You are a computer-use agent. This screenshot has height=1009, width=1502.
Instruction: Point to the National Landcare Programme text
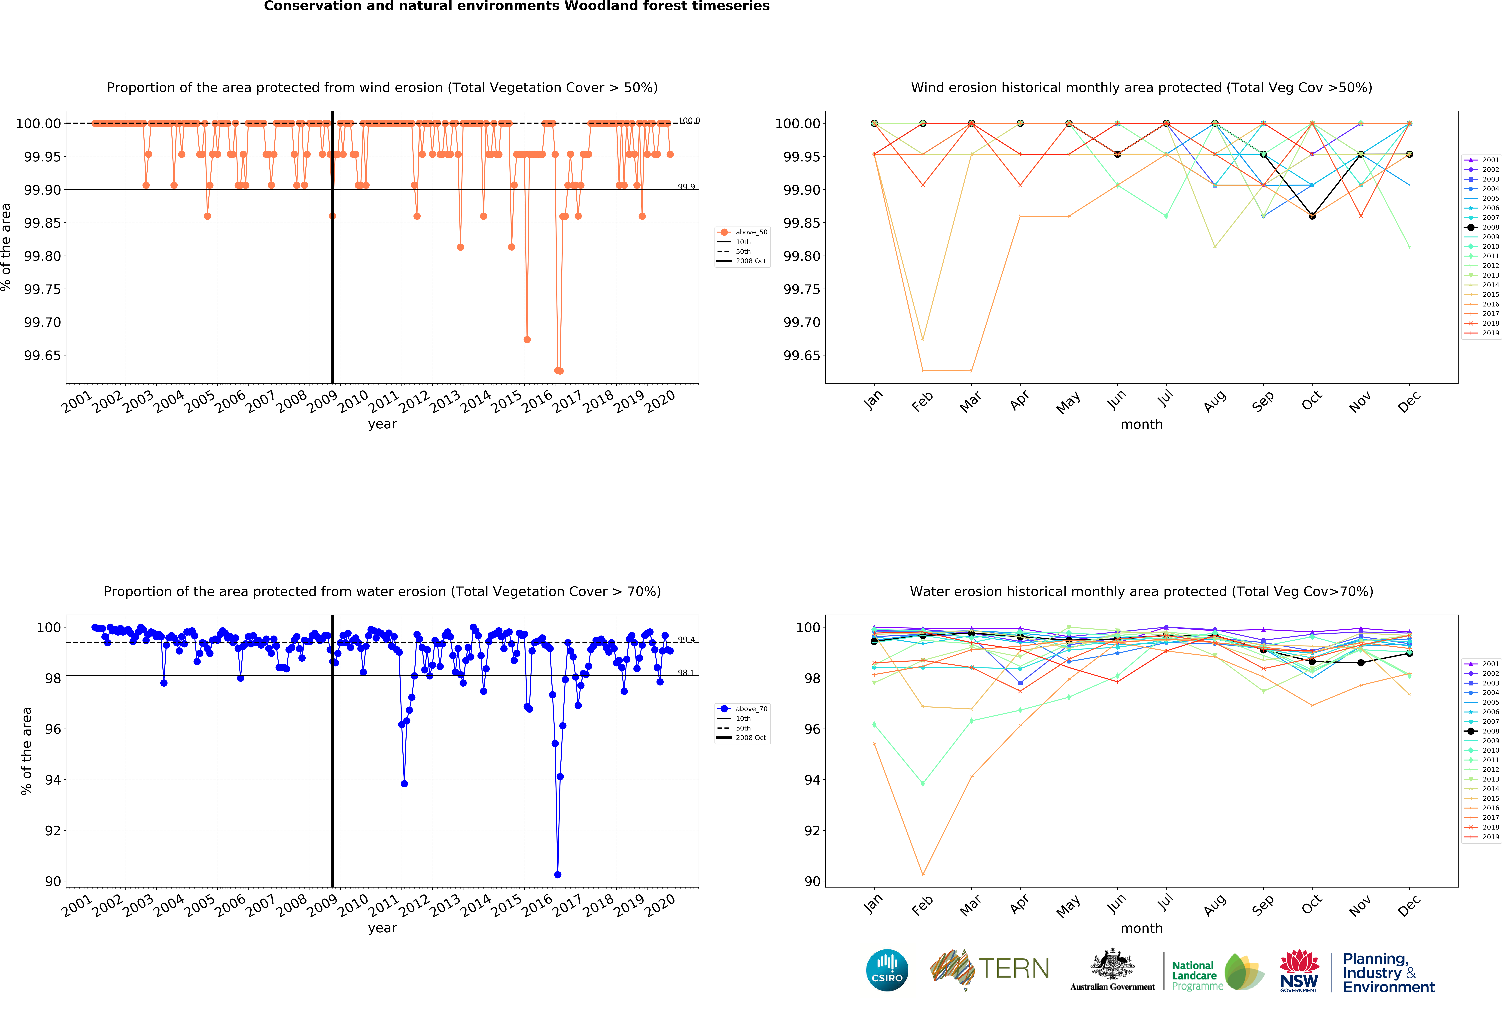[x=1194, y=975]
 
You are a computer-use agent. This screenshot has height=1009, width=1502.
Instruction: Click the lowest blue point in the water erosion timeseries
[x=557, y=875]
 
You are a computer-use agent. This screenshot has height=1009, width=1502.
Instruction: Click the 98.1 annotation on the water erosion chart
[x=686, y=673]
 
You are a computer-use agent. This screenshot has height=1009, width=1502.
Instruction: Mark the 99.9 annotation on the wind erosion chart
[x=686, y=187]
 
